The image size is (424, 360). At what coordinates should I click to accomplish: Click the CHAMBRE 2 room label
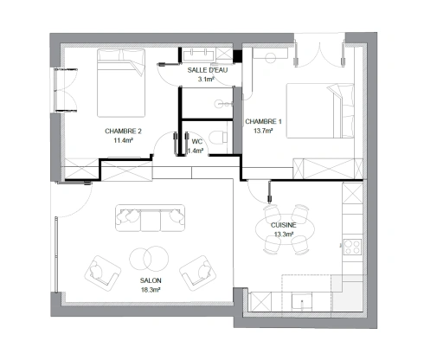pyautogui.click(x=123, y=131)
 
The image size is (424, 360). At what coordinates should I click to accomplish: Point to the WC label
pyautogui.click(x=196, y=140)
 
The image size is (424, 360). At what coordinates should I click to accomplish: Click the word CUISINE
pyautogui.click(x=284, y=225)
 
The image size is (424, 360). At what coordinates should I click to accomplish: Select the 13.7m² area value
pyautogui.click(x=263, y=131)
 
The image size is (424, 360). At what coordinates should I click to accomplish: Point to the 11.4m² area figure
pyautogui.click(x=123, y=140)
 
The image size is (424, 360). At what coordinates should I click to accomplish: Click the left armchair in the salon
pyautogui.click(x=102, y=273)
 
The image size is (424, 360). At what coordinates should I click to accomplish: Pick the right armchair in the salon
pyautogui.click(x=197, y=272)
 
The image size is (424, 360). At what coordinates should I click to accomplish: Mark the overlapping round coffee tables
pyautogui.click(x=148, y=259)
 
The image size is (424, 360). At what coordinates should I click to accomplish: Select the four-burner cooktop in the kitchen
pyautogui.click(x=352, y=247)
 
